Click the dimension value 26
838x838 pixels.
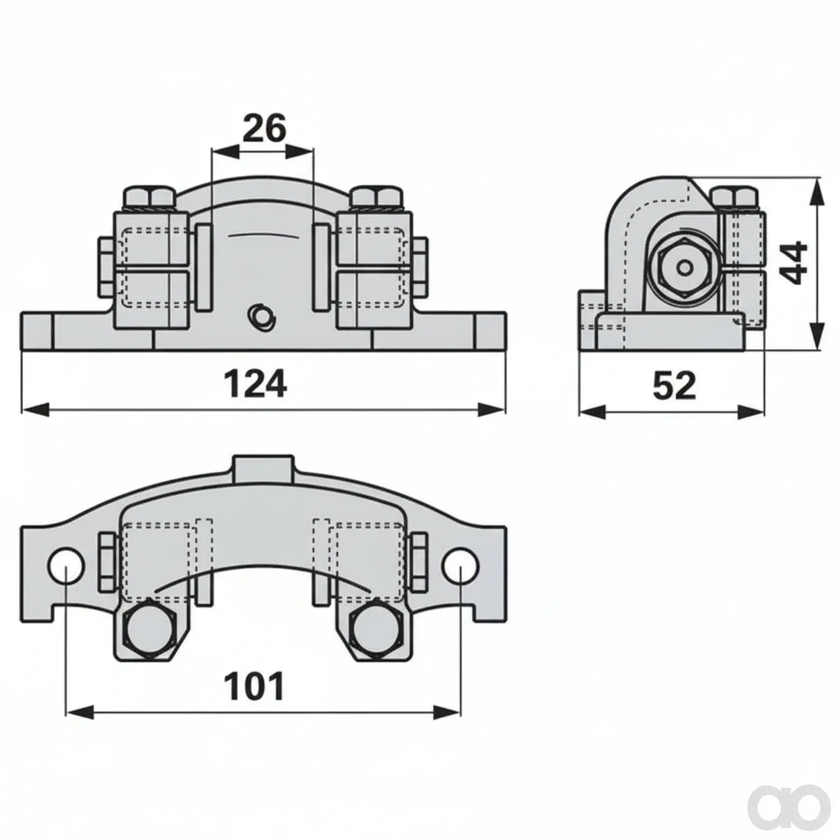click(x=265, y=128)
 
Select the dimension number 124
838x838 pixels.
click(x=256, y=383)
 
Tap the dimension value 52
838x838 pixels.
click(x=674, y=385)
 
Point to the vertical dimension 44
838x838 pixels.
click(x=793, y=263)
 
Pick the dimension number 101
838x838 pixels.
click(x=254, y=686)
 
